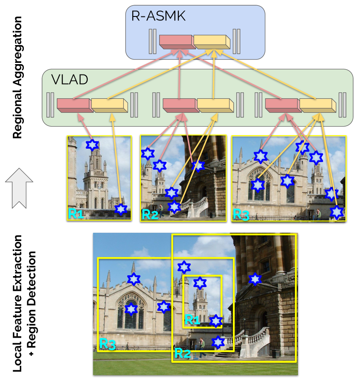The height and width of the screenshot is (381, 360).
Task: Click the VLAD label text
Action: (70, 80)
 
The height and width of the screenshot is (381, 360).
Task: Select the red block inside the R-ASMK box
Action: (176, 41)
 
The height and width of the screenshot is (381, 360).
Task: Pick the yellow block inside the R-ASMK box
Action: (211, 41)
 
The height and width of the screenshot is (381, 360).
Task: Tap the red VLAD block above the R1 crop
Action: (73, 105)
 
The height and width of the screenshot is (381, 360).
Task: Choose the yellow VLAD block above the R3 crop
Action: (318, 105)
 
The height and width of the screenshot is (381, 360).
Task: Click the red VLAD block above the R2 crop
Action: (179, 105)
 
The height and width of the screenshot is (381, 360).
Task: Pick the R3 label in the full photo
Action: (107, 344)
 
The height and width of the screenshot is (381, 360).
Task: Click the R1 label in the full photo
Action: (192, 319)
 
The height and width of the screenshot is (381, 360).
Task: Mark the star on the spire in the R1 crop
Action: (92, 145)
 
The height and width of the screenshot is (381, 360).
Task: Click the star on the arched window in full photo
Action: (131, 309)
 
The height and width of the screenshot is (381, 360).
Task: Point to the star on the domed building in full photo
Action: (255, 280)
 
